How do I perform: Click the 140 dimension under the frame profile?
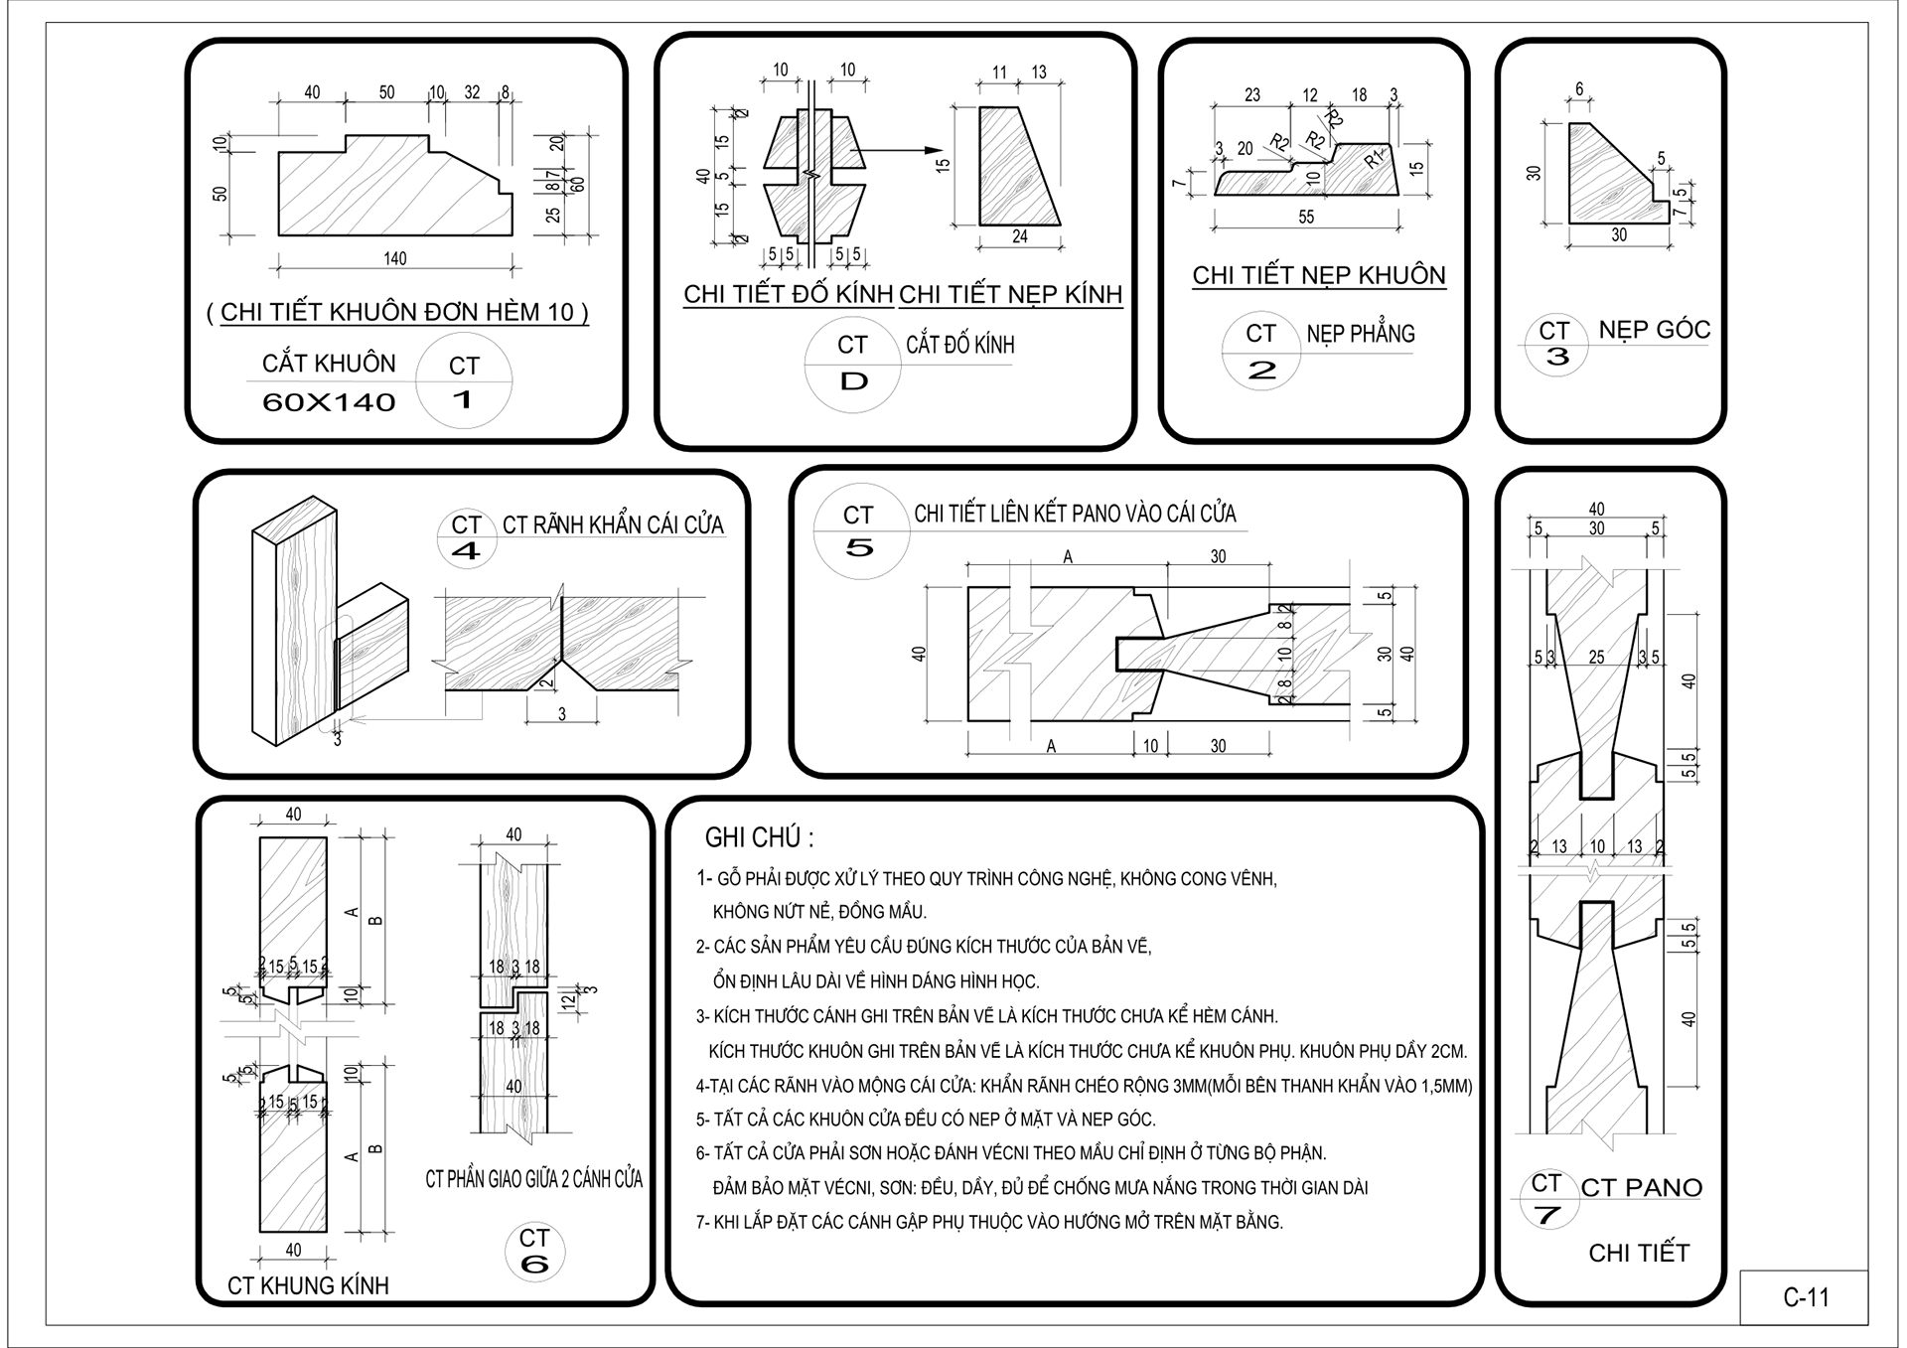[x=394, y=259]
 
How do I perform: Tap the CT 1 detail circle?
[x=464, y=382]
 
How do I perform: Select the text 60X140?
[x=329, y=402]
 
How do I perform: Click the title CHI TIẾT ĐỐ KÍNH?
[x=788, y=295]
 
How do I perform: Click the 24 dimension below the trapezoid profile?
[x=1019, y=237]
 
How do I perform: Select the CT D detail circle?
[x=852, y=364]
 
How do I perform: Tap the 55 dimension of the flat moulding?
[x=1305, y=217]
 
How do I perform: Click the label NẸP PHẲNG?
[x=1360, y=334]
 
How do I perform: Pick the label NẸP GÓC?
[x=1654, y=330]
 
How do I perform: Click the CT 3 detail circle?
[x=1555, y=344]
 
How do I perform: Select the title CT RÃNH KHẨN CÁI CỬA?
[x=613, y=525]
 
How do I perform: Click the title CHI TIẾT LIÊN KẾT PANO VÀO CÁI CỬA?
[x=1075, y=514]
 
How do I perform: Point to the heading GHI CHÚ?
[x=759, y=837]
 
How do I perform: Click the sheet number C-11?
[x=1805, y=1297]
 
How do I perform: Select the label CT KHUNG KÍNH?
[x=308, y=1285]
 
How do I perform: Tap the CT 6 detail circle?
[x=534, y=1251]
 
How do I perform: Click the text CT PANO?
[x=1641, y=1187]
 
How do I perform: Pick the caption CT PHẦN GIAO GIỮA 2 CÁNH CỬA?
[x=533, y=1179]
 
